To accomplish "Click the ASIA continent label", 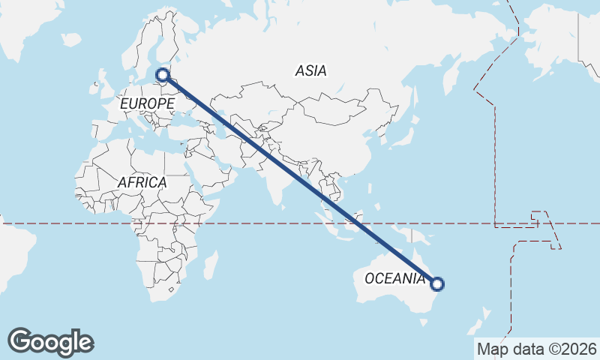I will point(310,71).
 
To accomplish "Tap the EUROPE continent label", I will point(147,103).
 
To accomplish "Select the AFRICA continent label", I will point(142,182).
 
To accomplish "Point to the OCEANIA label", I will point(394,279).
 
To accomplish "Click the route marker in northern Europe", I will point(163,74).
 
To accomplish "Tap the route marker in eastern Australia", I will point(438,283).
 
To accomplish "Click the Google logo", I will point(50,342).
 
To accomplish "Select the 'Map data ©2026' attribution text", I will point(536,349).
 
